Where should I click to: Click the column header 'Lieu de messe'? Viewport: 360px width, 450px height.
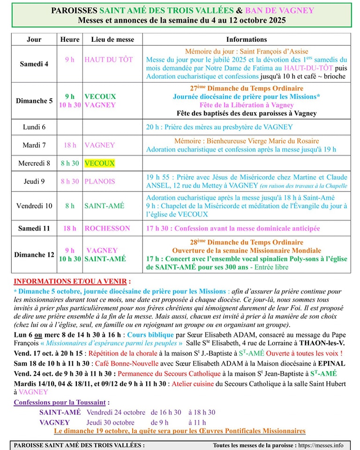point(112,39)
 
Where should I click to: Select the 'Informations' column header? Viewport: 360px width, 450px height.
point(247,39)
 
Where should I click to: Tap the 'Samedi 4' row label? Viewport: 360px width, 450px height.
point(34,64)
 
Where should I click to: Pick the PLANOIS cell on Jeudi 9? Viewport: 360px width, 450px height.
point(100,181)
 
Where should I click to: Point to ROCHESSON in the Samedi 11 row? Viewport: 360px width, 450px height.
point(107,228)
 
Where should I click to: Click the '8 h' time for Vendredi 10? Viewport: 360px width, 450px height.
point(70,205)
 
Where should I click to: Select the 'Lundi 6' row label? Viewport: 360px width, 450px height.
point(34,127)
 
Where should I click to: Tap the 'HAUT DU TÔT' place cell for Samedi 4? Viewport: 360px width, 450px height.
point(109,60)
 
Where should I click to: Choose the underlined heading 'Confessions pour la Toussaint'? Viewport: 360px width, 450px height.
point(62,402)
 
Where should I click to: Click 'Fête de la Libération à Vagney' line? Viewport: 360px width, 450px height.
point(247,105)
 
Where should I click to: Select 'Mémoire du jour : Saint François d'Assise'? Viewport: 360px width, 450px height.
point(247,52)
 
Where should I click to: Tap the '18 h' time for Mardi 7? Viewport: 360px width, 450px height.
point(70,145)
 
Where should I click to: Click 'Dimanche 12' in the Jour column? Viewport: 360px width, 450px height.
point(34,255)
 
